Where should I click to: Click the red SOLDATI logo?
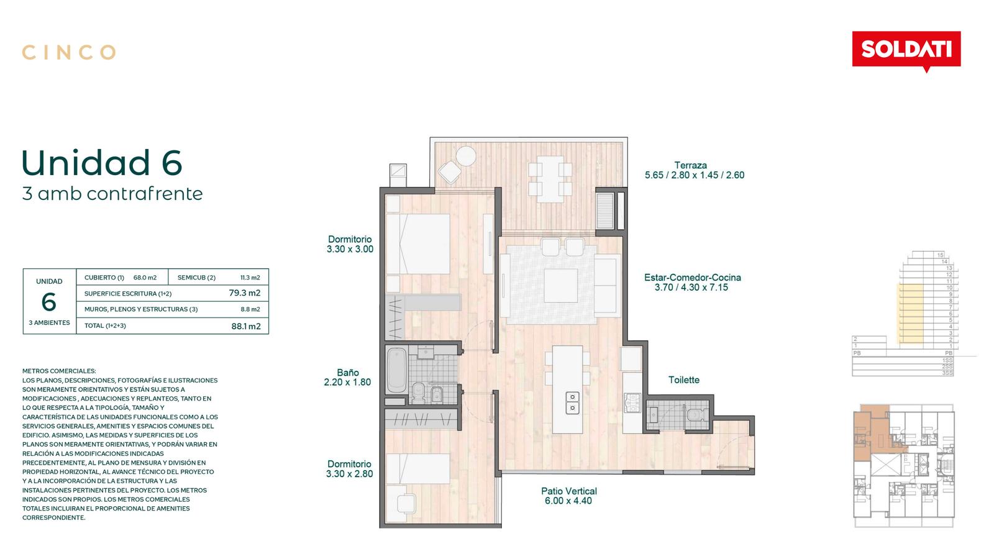[x=906, y=50]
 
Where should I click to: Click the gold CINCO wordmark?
[x=69, y=52]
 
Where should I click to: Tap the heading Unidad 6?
[x=102, y=162]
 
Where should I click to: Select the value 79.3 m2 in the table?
[x=245, y=293]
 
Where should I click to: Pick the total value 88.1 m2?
[x=246, y=326]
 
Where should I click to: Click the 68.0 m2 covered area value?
[x=145, y=278]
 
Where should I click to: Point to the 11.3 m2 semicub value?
[x=250, y=278]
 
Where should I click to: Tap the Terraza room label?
[x=690, y=165]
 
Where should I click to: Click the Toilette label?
[x=684, y=379]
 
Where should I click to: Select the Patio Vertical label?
[x=569, y=491]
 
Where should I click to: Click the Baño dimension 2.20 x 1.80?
[x=347, y=382]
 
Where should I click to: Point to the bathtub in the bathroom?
[x=396, y=370]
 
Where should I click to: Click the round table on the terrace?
[x=466, y=156]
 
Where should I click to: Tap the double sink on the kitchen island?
[x=572, y=402]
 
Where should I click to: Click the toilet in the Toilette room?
[x=695, y=415]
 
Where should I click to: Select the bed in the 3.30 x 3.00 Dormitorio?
[x=418, y=244]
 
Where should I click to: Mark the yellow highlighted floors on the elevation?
[x=911, y=314]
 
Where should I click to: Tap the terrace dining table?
[x=550, y=180]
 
